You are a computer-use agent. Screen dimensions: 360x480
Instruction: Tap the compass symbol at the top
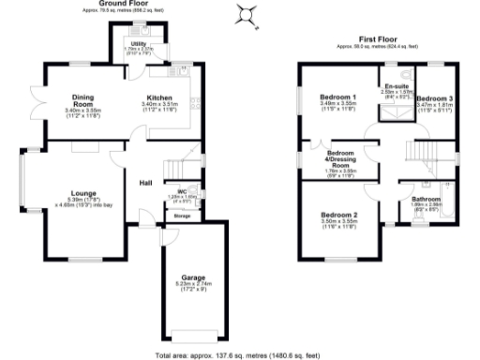(x=246, y=13)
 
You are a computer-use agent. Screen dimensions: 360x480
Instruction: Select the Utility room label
(x=137, y=44)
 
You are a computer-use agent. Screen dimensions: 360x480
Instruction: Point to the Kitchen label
(x=156, y=97)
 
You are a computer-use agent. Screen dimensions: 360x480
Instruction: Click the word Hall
(x=146, y=183)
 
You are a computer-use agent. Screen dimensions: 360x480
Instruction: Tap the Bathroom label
(x=426, y=199)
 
